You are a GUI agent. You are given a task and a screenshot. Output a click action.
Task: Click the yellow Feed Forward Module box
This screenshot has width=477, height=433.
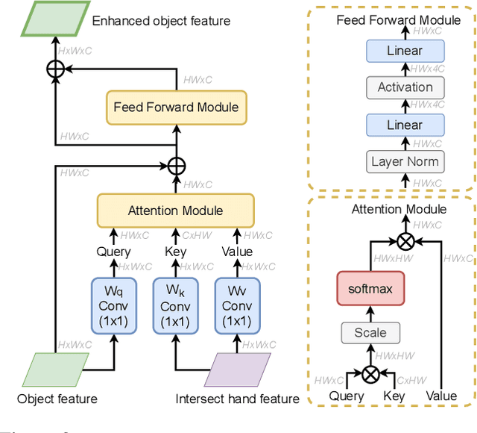tap(176, 107)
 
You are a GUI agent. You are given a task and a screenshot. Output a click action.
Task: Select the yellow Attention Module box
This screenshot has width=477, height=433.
tap(175, 211)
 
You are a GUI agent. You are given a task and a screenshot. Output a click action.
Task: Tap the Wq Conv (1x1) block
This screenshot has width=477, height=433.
tap(114, 306)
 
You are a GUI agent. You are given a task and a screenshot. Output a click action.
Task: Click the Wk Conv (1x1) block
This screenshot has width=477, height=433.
tap(175, 306)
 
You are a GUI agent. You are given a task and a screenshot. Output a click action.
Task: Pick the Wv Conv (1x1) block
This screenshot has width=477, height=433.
tap(237, 306)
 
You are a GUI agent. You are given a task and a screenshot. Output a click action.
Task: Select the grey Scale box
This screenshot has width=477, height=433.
tap(370, 333)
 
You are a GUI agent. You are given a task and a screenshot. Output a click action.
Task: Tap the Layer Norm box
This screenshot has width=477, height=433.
tap(405, 161)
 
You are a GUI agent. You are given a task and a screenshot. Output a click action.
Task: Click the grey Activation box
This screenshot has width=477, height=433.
tap(405, 87)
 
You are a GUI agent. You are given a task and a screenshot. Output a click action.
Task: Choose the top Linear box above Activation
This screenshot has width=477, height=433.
tap(405, 51)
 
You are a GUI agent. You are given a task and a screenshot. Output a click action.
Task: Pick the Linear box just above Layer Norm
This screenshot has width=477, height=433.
tap(405, 125)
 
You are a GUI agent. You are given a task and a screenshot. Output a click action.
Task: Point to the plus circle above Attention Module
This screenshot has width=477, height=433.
tap(175, 163)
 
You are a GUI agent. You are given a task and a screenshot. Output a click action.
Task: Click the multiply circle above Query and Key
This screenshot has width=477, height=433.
tap(370, 372)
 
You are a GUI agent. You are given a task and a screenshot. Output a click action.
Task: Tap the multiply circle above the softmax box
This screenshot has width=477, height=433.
tap(405, 240)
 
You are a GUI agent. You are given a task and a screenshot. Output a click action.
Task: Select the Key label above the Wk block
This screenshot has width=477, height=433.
tap(175, 252)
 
